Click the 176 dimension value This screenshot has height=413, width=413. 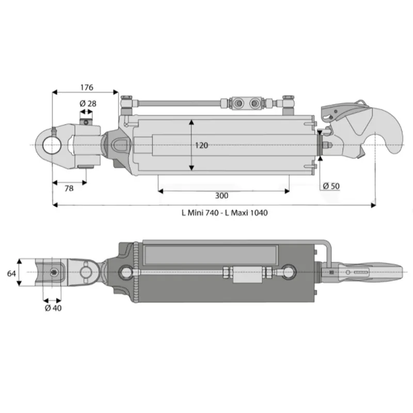point(87,87)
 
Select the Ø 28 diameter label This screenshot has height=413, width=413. point(88,104)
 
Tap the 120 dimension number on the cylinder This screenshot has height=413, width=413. point(201,146)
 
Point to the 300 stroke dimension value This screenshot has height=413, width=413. point(222,196)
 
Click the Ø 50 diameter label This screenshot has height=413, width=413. point(331,186)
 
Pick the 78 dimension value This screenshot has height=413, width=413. point(69,188)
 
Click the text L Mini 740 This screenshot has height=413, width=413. point(200,213)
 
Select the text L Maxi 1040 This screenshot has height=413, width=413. point(246,213)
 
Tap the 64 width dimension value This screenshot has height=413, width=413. point(11,274)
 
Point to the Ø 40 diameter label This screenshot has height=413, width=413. point(53,308)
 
